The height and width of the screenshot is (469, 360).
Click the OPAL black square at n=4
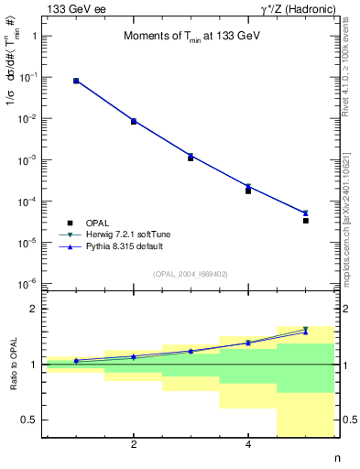248,191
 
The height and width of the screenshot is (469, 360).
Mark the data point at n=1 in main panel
76,81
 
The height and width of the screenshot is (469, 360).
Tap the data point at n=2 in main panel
134,121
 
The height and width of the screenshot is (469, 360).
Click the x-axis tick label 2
134,446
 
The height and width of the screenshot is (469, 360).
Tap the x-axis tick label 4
248,446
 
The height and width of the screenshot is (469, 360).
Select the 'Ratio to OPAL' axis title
11,365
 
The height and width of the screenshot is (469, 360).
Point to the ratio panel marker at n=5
306,330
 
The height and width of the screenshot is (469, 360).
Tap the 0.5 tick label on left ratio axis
30,420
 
